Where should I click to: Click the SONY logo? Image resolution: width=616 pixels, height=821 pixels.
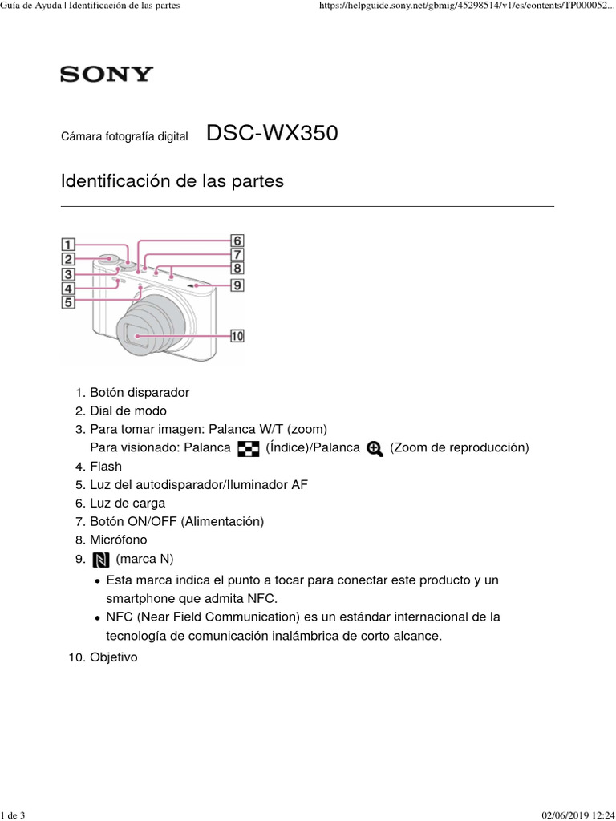[107, 74]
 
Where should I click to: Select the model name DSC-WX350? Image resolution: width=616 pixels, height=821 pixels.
[273, 133]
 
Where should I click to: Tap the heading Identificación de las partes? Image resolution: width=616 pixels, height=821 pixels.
[172, 180]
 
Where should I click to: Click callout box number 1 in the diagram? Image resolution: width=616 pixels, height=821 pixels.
[68, 245]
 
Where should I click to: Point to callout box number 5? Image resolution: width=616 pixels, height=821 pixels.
[68, 302]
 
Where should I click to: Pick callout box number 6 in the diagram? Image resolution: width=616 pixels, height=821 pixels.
[237, 241]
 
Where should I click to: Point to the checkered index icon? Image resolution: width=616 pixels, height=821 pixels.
[249, 449]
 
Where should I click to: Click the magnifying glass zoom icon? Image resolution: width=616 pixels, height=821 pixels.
[375, 449]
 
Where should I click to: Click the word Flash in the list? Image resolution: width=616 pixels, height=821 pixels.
[106, 466]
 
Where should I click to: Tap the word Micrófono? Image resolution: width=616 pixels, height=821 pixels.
[119, 540]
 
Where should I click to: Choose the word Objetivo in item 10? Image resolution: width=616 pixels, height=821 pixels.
[114, 657]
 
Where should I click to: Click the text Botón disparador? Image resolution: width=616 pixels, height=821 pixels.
[140, 392]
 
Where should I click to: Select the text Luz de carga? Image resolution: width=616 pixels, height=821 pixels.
[128, 503]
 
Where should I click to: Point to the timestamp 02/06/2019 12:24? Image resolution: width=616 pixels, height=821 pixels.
[578, 815]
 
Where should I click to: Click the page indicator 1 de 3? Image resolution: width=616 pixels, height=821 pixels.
[13, 815]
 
